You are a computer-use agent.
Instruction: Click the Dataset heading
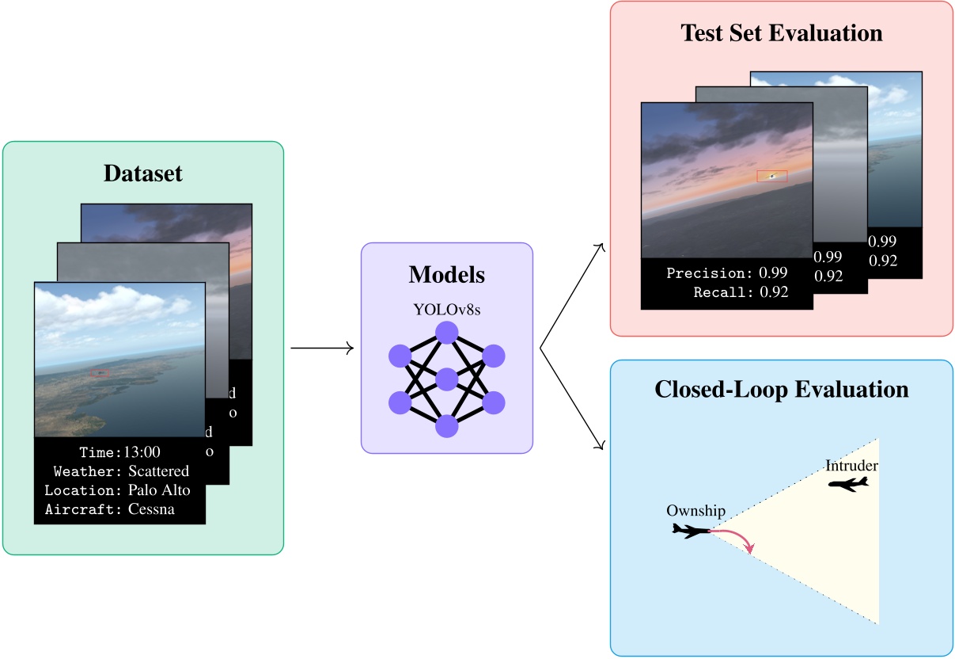(x=142, y=173)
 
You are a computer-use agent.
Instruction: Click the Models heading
(x=446, y=275)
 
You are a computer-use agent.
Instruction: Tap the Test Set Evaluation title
(x=781, y=33)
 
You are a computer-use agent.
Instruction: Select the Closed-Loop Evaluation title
(x=781, y=390)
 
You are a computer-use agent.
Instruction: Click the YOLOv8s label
(x=446, y=310)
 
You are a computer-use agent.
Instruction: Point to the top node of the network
(x=447, y=333)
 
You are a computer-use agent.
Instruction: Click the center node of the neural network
(x=447, y=379)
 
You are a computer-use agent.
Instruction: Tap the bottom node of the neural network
(x=447, y=426)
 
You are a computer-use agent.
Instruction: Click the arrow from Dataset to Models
(x=321, y=348)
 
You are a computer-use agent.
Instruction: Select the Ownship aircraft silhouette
(x=690, y=531)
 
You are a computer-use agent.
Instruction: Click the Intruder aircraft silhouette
(x=847, y=484)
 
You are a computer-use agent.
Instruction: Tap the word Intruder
(x=851, y=465)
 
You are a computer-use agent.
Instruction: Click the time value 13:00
(x=142, y=452)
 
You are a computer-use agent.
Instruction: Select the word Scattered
(x=159, y=471)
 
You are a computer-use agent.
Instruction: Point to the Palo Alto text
(x=159, y=490)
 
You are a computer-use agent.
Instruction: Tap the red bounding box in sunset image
(x=771, y=176)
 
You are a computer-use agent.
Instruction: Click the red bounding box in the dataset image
(x=100, y=372)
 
